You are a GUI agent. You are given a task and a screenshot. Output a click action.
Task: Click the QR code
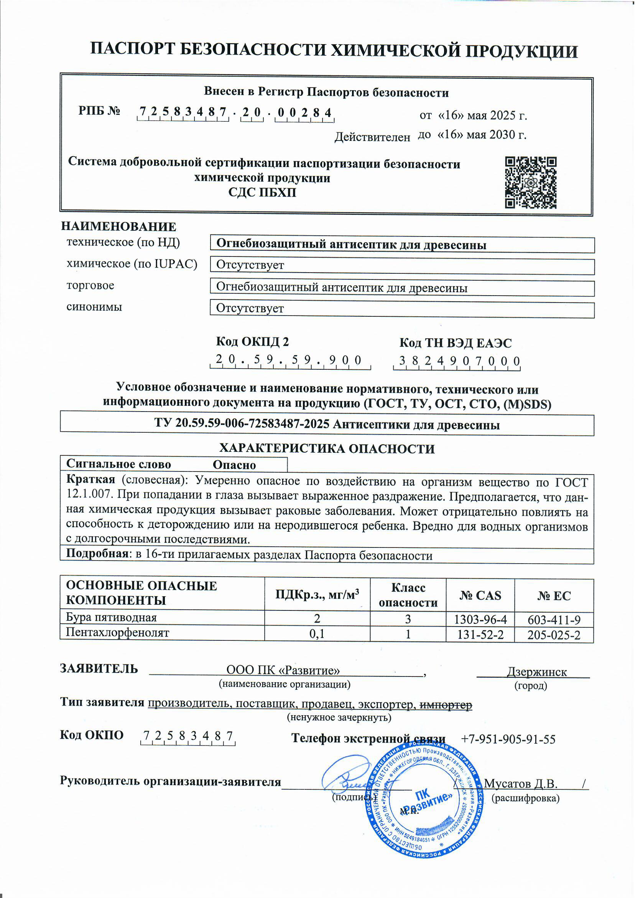click(x=530, y=182)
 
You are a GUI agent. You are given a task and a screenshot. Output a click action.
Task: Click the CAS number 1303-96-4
click(x=480, y=620)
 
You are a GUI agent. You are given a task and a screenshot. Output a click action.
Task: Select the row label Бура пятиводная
click(x=112, y=618)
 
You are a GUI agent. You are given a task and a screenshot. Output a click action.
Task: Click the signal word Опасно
click(x=234, y=465)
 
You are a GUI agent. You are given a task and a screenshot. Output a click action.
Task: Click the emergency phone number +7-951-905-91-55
click(x=508, y=739)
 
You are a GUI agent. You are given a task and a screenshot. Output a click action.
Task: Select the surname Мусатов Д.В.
click(x=520, y=784)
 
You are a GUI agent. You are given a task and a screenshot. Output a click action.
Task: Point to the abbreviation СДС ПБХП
click(x=262, y=193)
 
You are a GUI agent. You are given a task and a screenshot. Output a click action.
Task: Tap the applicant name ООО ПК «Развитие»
click(x=283, y=671)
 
